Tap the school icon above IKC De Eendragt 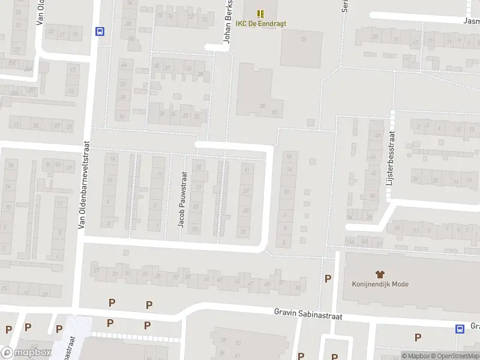260,13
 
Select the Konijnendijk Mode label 380,284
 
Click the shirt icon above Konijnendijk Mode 380,274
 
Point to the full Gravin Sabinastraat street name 308,314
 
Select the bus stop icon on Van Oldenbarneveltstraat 100,32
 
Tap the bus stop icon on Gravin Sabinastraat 460,328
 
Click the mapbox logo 26,353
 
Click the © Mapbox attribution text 416,356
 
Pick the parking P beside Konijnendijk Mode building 328,278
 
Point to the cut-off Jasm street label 471,20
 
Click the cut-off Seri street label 345,7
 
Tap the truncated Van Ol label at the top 40,12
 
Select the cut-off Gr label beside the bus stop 475,326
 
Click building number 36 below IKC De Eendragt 262,106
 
